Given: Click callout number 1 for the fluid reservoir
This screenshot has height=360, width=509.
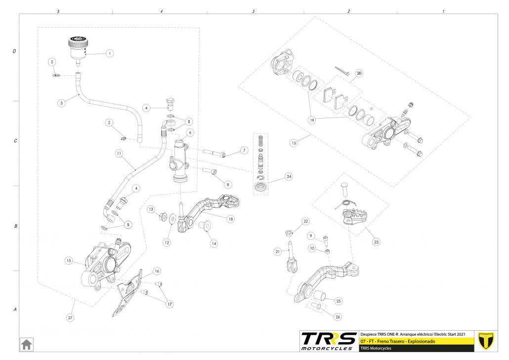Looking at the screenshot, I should click(110, 53).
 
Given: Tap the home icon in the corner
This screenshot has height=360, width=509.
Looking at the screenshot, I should click(26, 343).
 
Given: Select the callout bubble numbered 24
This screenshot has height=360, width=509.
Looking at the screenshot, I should click(289, 176).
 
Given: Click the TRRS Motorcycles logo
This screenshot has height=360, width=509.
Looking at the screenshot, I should click(329, 341).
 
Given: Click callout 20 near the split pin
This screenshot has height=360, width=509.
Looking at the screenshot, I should click(359, 74).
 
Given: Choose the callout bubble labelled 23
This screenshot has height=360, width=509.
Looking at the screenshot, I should click(377, 242).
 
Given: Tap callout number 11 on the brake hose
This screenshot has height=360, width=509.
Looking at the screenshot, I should click(119, 153).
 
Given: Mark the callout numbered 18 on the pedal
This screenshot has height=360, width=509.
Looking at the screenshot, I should click(230, 219).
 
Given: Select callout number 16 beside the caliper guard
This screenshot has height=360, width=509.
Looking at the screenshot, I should click(157, 271).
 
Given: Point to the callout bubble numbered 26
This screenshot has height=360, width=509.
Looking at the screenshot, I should click(338, 317).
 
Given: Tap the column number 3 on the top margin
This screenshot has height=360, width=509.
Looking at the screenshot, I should click(253, 11).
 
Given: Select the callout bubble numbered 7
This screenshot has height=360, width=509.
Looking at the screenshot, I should click(244, 150).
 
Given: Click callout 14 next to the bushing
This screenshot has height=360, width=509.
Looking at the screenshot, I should click(213, 243).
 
